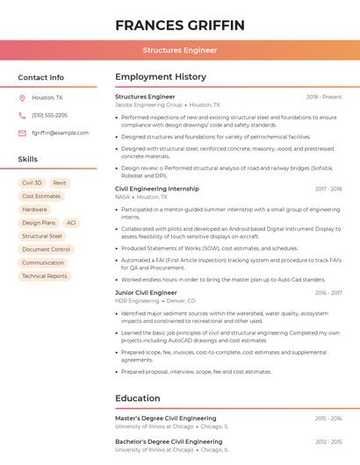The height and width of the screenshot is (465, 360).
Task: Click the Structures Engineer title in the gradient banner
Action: pyautogui.click(x=179, y=51)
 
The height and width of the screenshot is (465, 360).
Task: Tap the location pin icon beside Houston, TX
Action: pyautogui.click(x=22, y=97)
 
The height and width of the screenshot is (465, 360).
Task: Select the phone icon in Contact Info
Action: pyautogui.click(x=22, y=115)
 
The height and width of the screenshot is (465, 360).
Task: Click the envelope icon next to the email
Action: pyautogui.click(x=22, y=132)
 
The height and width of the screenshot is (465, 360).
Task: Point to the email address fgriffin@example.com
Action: pyautogui.click(x=60, y=132)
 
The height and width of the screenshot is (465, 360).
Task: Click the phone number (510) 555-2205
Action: pyautogui.click(x=49, y=115)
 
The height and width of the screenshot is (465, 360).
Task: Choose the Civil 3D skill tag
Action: pyautogui.click(x=32, y=182)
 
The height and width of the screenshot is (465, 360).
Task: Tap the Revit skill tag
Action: pyautogui.click(x=60, y=182)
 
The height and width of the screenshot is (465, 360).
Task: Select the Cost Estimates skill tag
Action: pyautogui.click(x=41, y=196)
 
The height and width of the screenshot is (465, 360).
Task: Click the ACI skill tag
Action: pyautogui.click(x=71, y=223)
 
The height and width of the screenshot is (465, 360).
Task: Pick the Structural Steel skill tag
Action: pyautogui.click(x=42, y=236)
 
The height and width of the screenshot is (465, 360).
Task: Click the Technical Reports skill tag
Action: pyautogui.click(x=44, y=275)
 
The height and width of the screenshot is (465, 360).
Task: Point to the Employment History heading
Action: pyautogui.click(x=161, y=77)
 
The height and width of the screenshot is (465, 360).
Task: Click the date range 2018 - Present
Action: pyautogui.click(x=324, y=97)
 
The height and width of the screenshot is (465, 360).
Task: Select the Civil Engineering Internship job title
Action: pyautogui.click(x=157, y=189)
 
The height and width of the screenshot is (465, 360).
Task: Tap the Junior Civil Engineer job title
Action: pyautogui.click(x=146, y=292)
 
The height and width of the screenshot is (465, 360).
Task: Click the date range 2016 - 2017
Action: pyautogui.click(x=328, y=292)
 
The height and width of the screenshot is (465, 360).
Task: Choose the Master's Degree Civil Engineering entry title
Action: pyautogui.click(x=165, y=418)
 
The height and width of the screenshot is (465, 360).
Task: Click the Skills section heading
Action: pyautogui.click(x=28, y=160)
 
